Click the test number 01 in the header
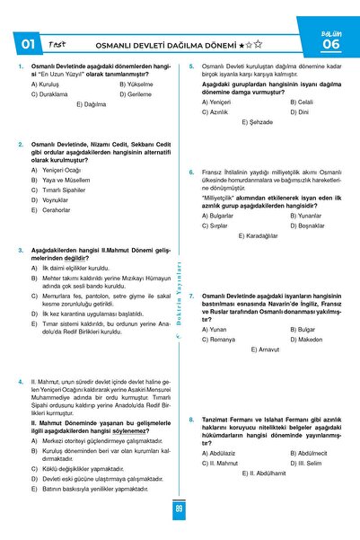[x=27, y=42]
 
